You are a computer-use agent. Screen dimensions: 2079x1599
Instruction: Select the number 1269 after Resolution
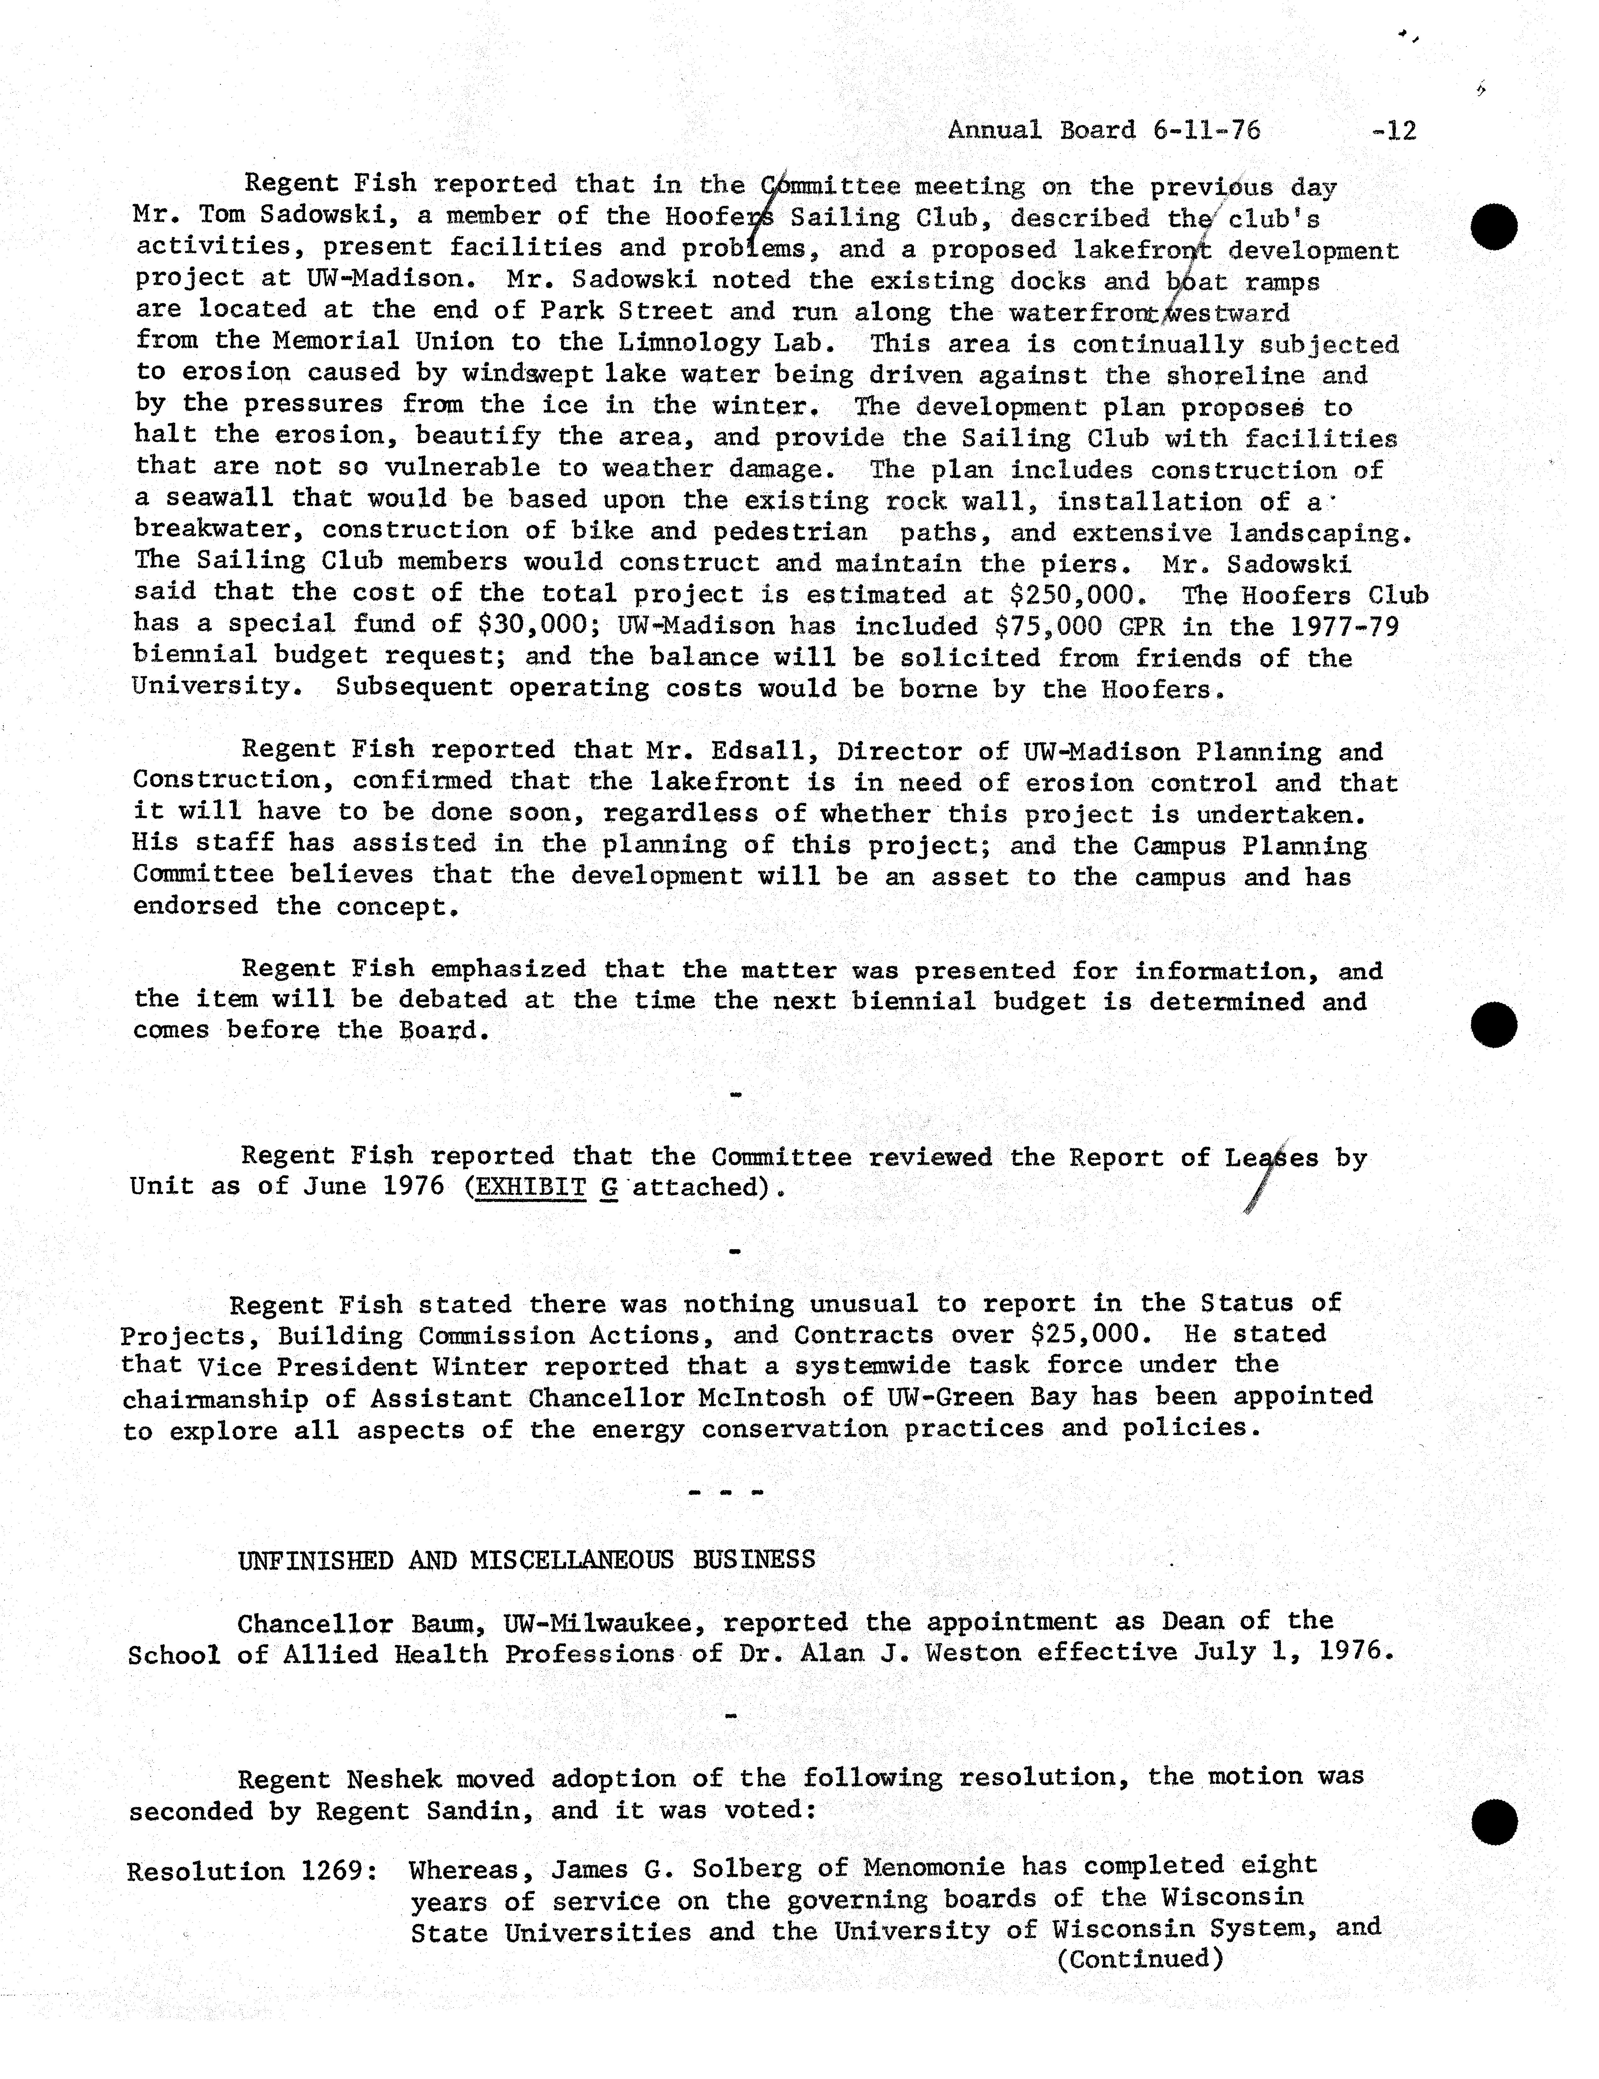[339, 1872]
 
